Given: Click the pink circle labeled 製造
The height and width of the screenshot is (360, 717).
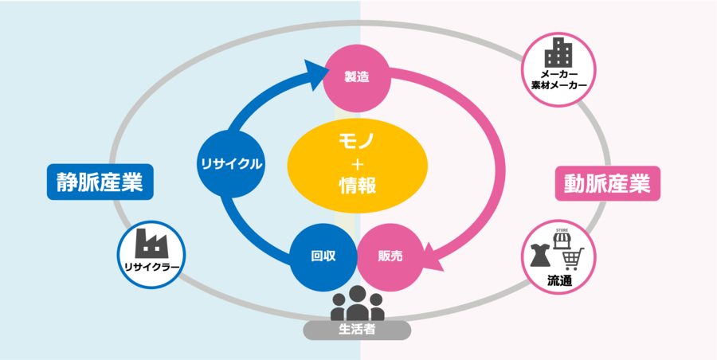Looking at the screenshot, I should [356, 77].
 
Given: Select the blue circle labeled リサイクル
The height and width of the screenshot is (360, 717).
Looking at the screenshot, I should [230, 164].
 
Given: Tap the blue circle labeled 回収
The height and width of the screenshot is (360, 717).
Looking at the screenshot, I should [323, 256].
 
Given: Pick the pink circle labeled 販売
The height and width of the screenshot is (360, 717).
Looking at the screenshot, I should [390, 256].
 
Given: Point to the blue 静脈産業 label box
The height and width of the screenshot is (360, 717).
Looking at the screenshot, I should [100, 182].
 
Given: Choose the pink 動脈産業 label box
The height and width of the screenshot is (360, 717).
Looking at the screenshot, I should [607, 183].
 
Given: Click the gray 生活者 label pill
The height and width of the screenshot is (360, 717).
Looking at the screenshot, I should [357, 329].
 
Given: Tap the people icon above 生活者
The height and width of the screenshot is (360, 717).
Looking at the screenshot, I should [357, 303].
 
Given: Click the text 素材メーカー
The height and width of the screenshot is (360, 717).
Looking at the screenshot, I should [558, 85].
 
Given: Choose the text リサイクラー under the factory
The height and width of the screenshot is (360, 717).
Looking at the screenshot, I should [151, 267].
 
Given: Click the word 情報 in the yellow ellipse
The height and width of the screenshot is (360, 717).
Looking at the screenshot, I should [356, 186].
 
